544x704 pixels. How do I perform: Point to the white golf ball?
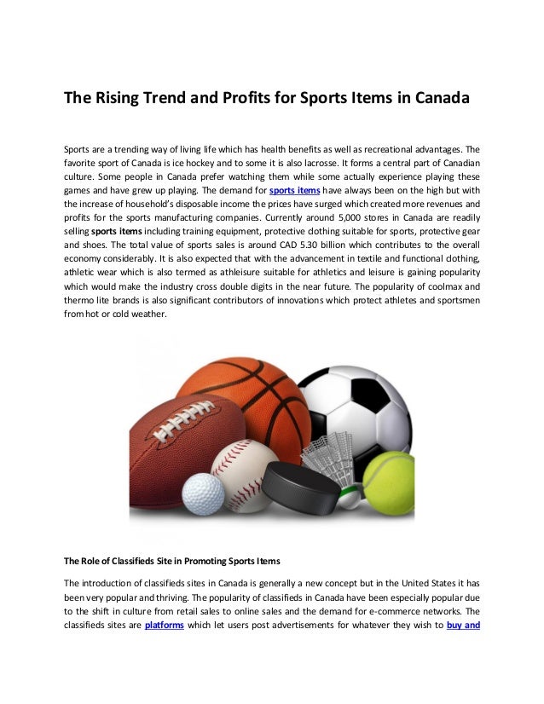pyautogui.click(x=204, y=492)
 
